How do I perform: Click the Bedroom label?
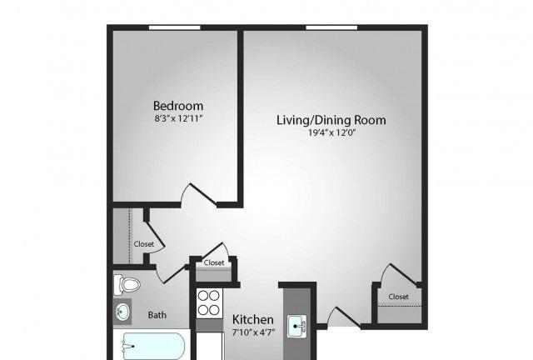178,106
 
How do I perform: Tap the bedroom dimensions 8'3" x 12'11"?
178,119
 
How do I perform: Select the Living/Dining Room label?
331,120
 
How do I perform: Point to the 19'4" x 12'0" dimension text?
331,132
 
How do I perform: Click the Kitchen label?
253,319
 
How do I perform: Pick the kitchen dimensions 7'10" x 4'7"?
253,332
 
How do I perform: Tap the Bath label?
157,315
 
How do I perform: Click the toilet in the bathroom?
127,285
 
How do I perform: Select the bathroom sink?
122,311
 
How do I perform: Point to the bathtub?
153,346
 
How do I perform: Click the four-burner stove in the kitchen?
209,302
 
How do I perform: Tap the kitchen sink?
296,327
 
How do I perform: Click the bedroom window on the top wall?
175,27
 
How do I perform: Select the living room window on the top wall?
331,27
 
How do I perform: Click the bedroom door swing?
199,195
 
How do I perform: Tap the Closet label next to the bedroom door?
144,244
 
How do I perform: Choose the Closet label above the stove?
214,262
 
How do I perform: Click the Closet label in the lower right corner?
398,297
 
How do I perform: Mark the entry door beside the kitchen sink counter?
344,317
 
